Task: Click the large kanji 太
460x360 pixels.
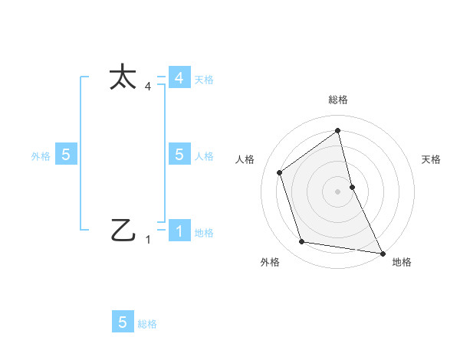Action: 123,78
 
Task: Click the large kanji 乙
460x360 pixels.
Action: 123,230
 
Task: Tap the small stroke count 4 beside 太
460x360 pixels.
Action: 148,87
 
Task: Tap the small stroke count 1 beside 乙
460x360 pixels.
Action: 148,240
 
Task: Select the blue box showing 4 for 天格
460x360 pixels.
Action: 179,78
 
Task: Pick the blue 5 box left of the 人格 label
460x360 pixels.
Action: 179,154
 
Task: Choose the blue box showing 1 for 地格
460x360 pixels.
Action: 179,231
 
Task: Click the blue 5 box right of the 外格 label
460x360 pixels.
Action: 66,154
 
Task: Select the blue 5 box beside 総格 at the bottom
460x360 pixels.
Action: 123,322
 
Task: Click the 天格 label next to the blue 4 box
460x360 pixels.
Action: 204,80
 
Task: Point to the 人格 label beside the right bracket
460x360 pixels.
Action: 204,155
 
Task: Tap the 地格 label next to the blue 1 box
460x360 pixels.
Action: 204,233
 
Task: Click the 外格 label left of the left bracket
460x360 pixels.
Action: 41,155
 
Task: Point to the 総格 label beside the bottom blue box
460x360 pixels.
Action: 147,324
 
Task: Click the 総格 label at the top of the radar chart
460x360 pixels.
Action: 338,100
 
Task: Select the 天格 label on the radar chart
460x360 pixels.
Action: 431,159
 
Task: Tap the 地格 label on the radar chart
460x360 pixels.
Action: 402,262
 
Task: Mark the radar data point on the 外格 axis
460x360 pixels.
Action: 302,242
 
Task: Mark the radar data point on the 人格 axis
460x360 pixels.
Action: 280,172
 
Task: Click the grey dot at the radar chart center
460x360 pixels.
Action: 337,191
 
